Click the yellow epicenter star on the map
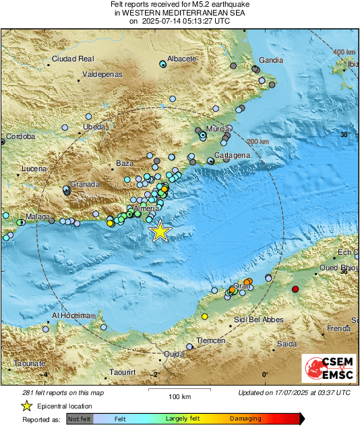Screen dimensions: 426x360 click(x=160, y=231)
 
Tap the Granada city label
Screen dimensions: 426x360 click(x=85, y=183)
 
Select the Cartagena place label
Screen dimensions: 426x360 click(x=233, y=156)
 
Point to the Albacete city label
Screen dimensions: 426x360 click(x=181, y=59)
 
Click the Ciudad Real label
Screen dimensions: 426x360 click(x=73, y=59)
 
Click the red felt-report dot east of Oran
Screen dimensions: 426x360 click(x=295, y=289)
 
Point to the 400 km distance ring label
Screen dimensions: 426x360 click(x=344, y=52)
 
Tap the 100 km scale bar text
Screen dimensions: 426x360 click(x=177, y=396)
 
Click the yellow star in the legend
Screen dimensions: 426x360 click(x=27, y=406)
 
